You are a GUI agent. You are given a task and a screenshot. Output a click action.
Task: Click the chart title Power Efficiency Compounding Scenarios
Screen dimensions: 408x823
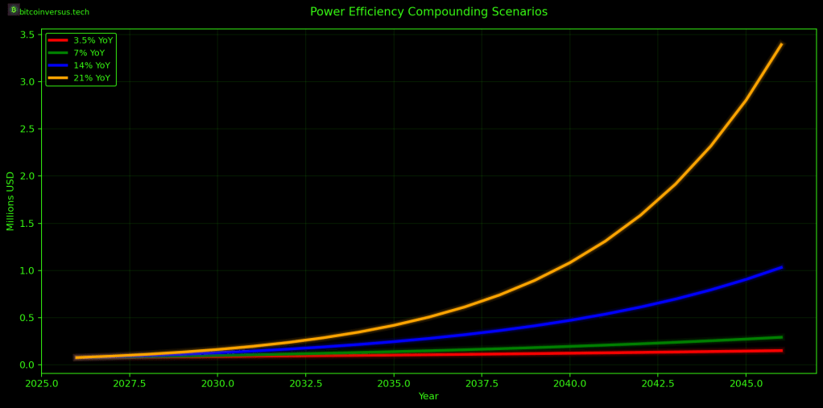pos(428,12)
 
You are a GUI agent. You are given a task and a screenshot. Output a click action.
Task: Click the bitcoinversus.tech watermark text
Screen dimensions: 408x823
pos(54,12)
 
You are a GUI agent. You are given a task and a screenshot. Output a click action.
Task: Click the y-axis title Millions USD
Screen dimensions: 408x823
pos(10,200)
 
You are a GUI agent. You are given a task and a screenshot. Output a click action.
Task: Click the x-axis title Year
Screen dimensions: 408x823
pos(428,396)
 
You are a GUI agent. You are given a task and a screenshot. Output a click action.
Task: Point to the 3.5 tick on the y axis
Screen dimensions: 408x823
pos(27,35)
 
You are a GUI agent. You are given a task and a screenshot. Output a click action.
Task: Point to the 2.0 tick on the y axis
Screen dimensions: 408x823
pos(27,176)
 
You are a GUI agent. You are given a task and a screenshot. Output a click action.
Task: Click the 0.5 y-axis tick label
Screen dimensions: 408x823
pos(27,318)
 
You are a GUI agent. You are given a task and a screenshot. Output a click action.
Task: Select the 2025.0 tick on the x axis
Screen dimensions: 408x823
pos(42,384)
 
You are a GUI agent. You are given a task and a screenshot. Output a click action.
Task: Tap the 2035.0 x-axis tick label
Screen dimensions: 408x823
pos(394,384)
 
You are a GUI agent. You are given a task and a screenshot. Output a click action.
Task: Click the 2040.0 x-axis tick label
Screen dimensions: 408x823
pos(569,384)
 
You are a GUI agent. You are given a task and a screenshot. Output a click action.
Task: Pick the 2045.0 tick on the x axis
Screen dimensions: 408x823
pos(746,384)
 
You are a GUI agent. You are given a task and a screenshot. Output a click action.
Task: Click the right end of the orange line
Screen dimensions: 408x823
pos(781,44)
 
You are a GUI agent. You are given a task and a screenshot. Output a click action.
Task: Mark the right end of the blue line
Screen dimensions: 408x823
pos(781,267)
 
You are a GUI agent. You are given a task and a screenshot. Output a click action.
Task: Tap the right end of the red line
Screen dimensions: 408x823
pos(781,350)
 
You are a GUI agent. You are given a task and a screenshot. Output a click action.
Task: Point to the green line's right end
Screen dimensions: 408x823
pos(781,337)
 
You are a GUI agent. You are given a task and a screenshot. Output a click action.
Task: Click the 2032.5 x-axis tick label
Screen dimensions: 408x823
pos(305,384)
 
